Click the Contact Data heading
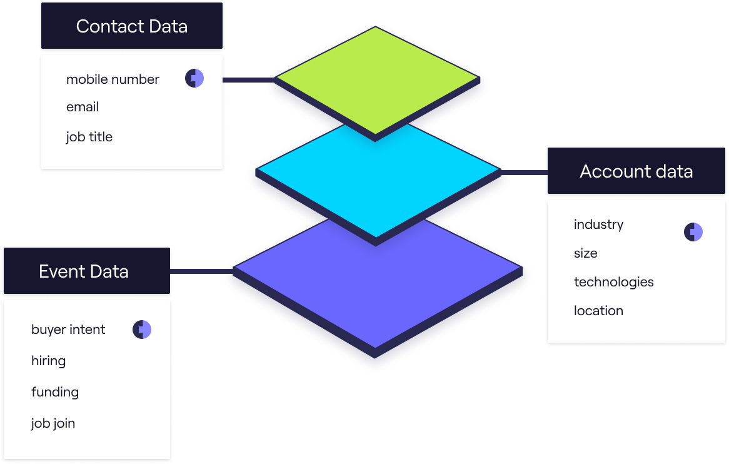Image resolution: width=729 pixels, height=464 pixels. (131, 27)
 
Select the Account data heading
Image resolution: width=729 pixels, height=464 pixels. (636, 171)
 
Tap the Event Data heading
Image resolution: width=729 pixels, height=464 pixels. (84, 271)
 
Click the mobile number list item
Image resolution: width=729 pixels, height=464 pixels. (113, 79)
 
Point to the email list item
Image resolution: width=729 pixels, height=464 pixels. (83, 107)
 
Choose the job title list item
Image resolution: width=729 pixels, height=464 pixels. (89, 137)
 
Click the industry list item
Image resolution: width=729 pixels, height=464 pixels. (598, 224)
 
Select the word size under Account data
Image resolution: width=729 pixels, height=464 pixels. (585, 253)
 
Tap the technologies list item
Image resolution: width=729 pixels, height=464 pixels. (613, 282)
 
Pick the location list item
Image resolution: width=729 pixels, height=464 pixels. (598, 311)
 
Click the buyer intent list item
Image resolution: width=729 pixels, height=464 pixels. (68, 330)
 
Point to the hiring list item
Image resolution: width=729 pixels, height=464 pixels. (48, 361)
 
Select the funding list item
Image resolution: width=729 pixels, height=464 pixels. (55, 392)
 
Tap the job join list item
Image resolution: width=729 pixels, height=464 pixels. (53, 423)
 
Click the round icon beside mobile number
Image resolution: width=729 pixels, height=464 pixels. (194, 79)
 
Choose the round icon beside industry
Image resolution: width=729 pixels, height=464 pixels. (693, 232)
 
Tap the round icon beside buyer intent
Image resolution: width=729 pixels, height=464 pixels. (142, 330)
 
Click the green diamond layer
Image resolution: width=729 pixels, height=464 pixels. (376, 79)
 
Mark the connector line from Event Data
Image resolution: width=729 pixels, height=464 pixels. (199, 271)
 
